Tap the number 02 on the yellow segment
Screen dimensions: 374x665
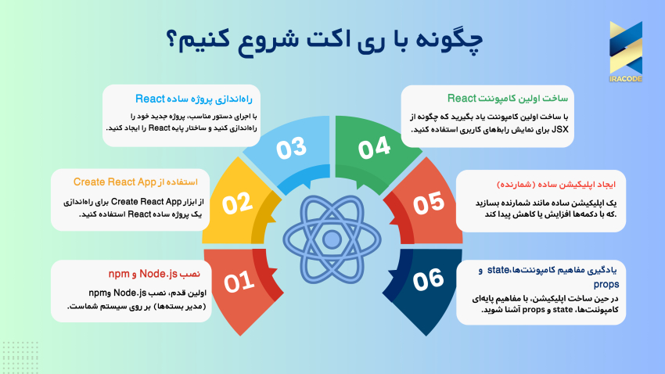tap(239, 204)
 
